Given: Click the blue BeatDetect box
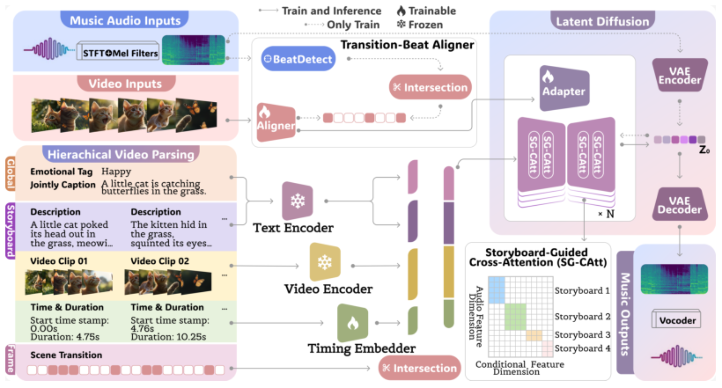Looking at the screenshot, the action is point(298,59).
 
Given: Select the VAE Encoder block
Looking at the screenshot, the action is point(680,75).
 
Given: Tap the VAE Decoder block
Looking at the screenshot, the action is point(680,204).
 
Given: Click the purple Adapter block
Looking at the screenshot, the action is point(564,88).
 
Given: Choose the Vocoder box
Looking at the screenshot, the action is point(677,320).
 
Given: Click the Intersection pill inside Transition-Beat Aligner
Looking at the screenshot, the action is point(430,87).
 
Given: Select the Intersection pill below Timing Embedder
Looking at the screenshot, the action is point(420,368).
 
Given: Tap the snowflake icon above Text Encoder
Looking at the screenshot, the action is point(298,200).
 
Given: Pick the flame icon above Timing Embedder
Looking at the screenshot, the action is point(353,323).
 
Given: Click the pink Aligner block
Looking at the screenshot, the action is point(276,122).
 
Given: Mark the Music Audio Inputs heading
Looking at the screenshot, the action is point(125,20).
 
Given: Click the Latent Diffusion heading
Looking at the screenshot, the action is point(602,21).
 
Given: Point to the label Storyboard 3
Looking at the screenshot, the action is point(582,335).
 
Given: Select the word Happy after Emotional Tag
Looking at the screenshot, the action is point(116,172).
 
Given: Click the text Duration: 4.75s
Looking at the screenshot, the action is point(65,337).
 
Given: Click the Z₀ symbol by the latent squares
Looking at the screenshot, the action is point(704,150).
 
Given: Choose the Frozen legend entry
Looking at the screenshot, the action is point(420,24).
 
